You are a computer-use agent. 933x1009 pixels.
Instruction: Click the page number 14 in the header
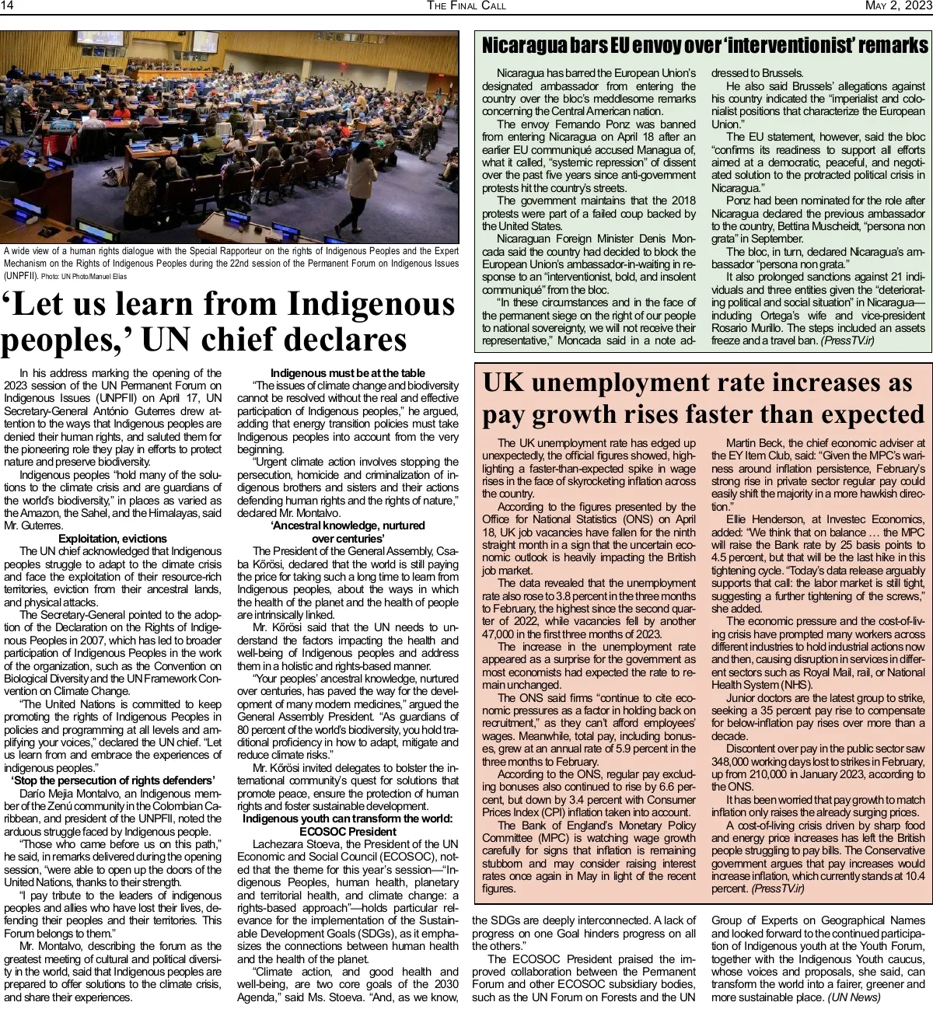coord(8,6)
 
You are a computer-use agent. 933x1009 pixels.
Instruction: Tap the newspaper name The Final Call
coord(466,6)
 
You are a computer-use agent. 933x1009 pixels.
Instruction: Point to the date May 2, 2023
coord(897,6)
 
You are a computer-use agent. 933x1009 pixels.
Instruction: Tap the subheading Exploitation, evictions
coord(113,539)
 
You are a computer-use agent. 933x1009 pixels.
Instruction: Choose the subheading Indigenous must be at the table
coord(348,373)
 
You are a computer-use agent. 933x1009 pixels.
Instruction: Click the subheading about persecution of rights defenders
coord(113,780)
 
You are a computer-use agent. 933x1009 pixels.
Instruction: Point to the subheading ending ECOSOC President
coord(348,832)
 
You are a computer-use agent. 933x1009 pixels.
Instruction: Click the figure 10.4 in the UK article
coord(914,876)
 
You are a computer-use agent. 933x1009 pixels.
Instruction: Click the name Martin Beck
coord(757,443)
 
